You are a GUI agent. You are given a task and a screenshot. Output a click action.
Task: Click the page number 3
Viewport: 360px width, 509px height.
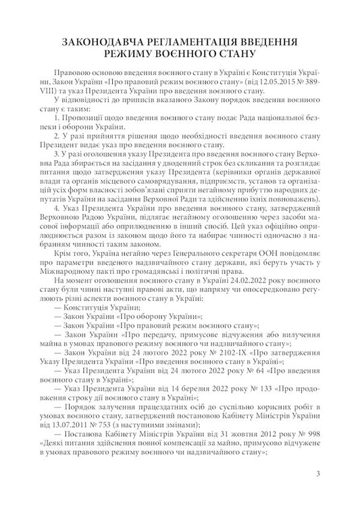317,473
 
